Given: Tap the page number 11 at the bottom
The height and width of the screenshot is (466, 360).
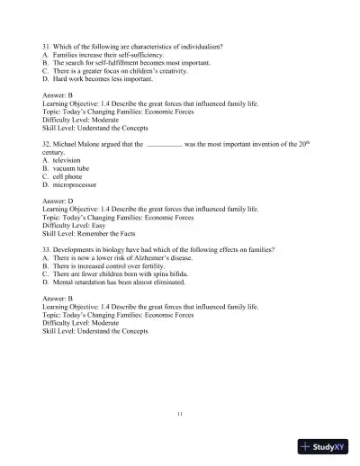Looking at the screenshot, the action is [180, 413].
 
